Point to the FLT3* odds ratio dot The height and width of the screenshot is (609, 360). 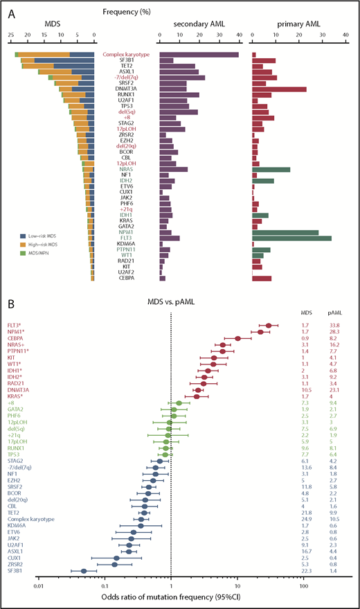coord(269,325)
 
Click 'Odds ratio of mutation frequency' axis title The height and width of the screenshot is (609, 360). coord(171,600)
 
